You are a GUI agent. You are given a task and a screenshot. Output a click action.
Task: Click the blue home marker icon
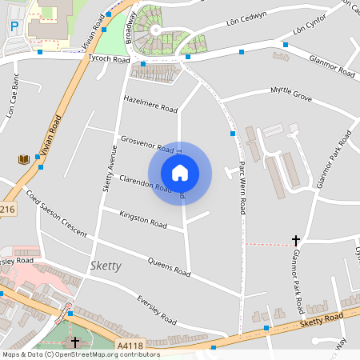tap(180, 173)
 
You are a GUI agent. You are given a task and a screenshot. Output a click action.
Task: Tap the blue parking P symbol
tap(14, 26)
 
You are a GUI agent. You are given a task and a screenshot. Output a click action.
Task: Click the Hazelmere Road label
tap(150, 102)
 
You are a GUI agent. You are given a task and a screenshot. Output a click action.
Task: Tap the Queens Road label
tap(168, 268)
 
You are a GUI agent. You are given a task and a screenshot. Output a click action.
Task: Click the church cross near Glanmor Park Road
tap(296, 239)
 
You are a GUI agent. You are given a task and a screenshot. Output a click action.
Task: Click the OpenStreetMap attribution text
tap(80, 354)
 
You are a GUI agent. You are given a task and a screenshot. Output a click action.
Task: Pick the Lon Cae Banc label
tap(11, 102)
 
